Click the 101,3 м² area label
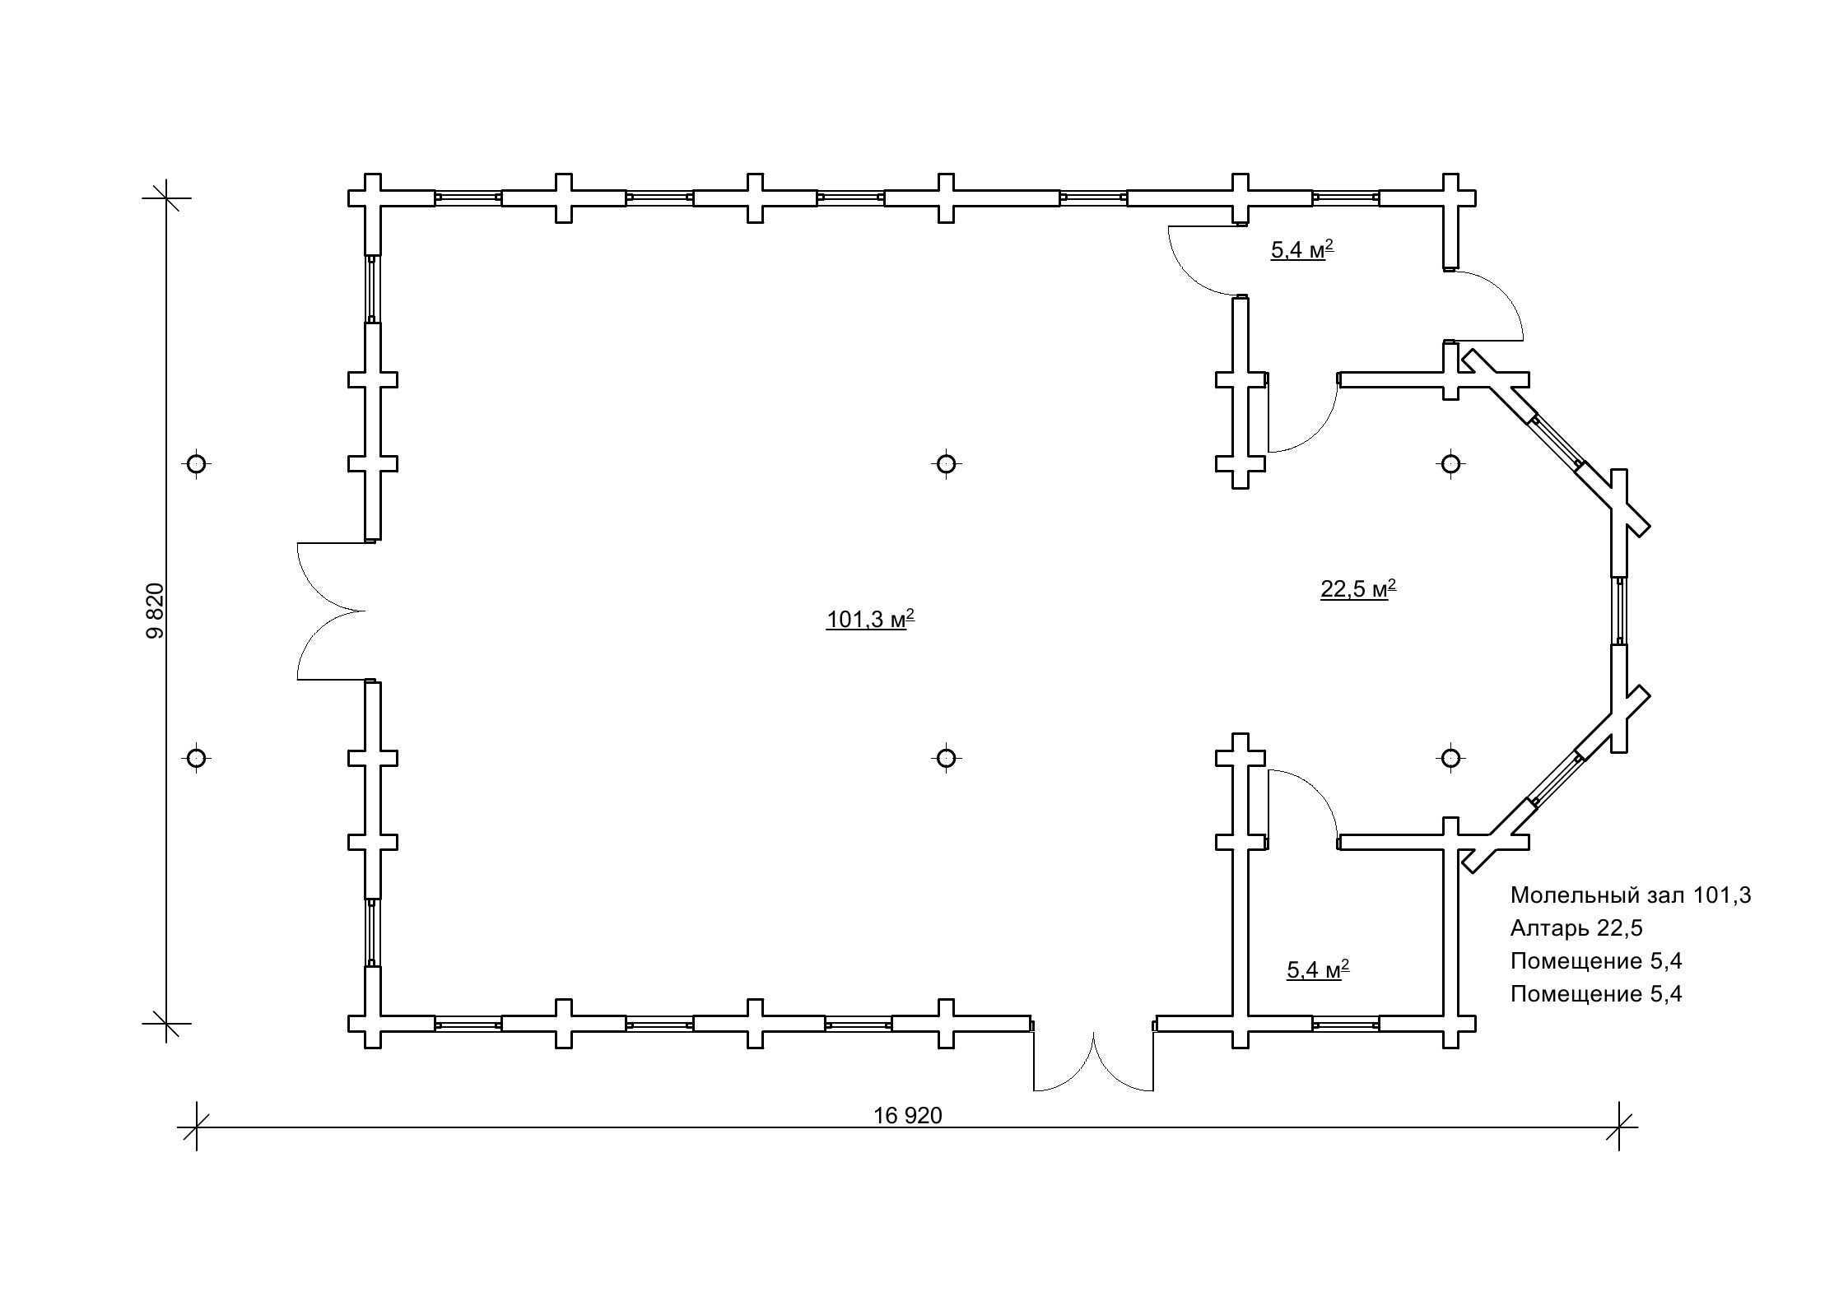(870, 619)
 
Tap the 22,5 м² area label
(1358, 588)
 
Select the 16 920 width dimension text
(908, 1115)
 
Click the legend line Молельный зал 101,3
(1631, 895)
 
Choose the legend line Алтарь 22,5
(1576, 928)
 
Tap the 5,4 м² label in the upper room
(1302, 249)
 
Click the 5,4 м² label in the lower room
(1318, 969)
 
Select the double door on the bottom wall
(1093, 1062)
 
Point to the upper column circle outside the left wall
(196, 464)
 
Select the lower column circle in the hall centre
(946, 757)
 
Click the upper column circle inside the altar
(1450, 464)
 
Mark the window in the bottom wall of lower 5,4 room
(1346, 1024)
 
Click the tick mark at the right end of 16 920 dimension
(1619, 1127)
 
